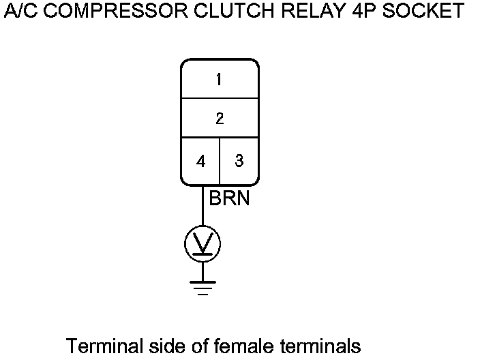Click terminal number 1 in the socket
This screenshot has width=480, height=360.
pyautogui.click(x=219, y=80)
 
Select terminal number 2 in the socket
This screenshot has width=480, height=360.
pyautogui.click(x=219, y=119)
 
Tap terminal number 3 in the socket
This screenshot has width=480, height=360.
pyautogui.click(x=239, y=161)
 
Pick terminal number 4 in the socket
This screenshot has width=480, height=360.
pyautogui.click(x=200, y=162)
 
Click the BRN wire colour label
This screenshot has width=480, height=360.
pyautogui.click(x=229, y=199)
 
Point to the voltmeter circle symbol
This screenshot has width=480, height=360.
pyautogui.click(x=202, y=243)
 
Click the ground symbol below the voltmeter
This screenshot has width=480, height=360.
pyautogui.click(x=202, y=287)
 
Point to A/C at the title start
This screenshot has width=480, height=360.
pyautogui.click(x=19, y=12)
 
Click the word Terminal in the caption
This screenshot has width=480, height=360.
pyautogui.click(x=104, y=346)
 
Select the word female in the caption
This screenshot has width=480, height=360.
pyautogui.click(x=243, y=346)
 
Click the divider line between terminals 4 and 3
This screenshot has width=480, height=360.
pyautogui.click(x=220, y=160)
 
